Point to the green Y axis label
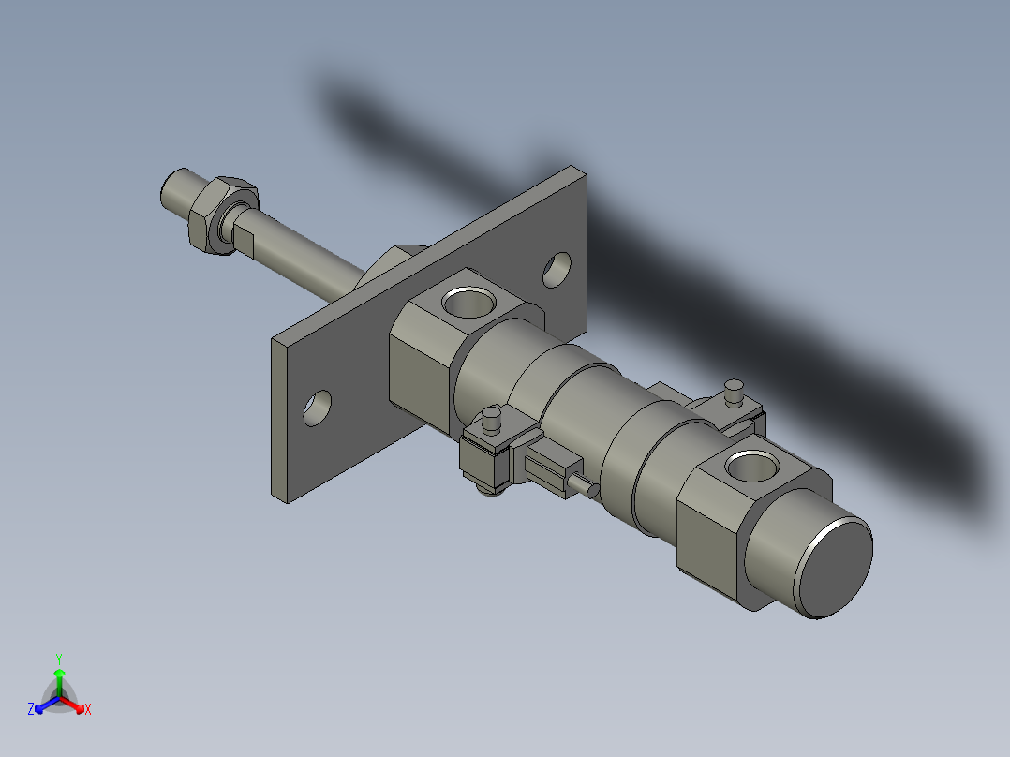point(59,659)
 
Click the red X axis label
point(88,710)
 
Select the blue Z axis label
point(31,710)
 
